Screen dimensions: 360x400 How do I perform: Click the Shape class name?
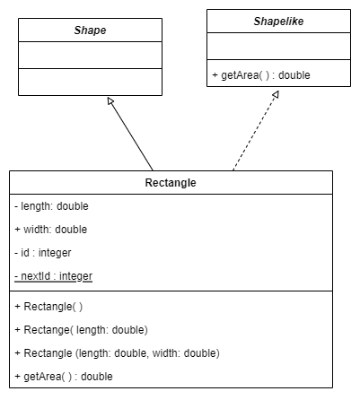(x=90, y=30)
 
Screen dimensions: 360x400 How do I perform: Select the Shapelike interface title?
(x=278, y=22)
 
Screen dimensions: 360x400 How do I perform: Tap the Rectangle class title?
(x=171, y=183)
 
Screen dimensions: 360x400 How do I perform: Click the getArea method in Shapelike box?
(x=261, y=75)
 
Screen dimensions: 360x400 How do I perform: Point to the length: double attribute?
(x=51, y=206)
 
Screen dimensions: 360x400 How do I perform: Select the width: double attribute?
(x=51, y=230)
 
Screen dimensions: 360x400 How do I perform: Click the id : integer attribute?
(x=43, y=253)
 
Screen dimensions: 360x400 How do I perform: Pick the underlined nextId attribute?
(x=53, y=276)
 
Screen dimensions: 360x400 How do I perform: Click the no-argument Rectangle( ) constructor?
(x=48, y=307)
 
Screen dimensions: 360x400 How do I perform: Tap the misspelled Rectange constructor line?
(x=82, y=330)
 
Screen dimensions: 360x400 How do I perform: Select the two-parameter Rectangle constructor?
(x=118, y=353)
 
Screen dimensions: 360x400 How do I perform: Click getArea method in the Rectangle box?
(x=64, y=377)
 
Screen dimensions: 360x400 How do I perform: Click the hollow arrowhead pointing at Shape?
(x=110, y=101)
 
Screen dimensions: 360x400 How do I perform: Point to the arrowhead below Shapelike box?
(x=276, y=95)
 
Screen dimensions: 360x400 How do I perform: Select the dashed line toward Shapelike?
(x=256, y=131)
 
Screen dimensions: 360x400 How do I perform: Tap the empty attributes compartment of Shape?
(x=90, y=56)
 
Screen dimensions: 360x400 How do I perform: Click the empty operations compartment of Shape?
(x=90, y=83)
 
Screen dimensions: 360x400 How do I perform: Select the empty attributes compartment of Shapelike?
(x=278, y=47)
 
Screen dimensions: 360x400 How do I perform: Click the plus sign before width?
(x=17, y=230)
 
